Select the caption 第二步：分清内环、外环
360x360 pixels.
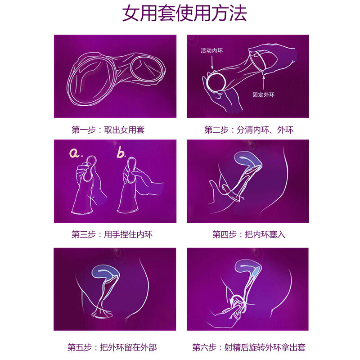point(249,130)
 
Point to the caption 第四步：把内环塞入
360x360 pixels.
point(249,234)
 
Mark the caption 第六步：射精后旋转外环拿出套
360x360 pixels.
point(249,347)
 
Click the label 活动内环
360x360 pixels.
point(211,51)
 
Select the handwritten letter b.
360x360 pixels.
point(121,153)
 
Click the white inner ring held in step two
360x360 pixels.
point(217,84)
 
